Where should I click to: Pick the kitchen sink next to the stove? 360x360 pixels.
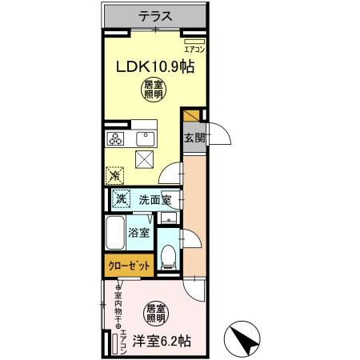pyautogui.click(x=145, y=140)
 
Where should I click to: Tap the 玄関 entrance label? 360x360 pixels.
pyautogui.click(x=194, y=138)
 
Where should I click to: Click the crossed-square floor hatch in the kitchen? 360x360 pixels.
pyautogui.click(x=145, y=160)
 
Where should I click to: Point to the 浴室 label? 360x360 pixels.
pyautogui.click(x=138, y=233)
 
